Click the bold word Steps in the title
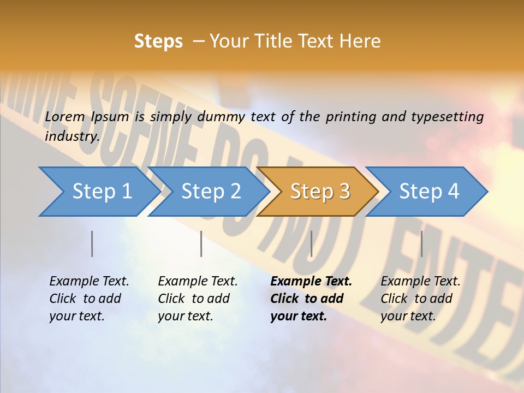[x=158, y=41]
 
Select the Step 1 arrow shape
[x=98, y=192]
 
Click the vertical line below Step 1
[x=92, y=243]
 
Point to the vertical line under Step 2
[x=201, y=243]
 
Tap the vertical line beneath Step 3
[x=311, y=243]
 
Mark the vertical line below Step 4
[x=421, y=243]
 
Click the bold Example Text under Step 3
[x=311, y=299]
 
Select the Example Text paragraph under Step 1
[x=89, y=299]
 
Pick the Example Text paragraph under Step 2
[x=198, y=299]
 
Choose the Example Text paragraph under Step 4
[x=420, y=299]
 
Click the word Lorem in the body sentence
[x=65, y=116]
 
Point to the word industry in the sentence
[x=72, y=136]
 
